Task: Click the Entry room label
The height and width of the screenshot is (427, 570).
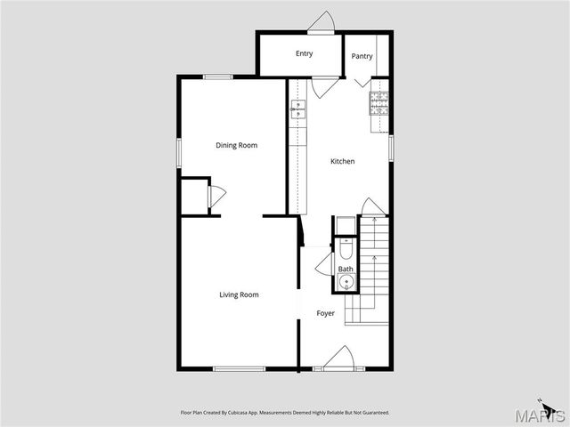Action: pos(305,53)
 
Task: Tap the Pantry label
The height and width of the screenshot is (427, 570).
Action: pos(362,57)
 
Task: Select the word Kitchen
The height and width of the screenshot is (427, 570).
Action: pos(343,161)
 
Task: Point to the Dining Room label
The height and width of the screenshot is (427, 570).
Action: pos(237,145)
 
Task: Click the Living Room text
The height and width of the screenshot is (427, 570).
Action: pos(239,294)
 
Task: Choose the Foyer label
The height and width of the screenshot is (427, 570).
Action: pos(326,313)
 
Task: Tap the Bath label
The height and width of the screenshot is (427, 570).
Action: pos(346,269)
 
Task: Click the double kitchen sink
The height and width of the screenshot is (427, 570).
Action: pos(297,109)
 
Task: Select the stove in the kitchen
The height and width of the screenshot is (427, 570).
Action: pos(379,103)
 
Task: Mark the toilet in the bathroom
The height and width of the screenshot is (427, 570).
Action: pos(346,248)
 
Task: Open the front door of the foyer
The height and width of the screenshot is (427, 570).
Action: pos(338,360)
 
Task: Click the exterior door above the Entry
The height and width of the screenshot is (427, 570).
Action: pos(321,22)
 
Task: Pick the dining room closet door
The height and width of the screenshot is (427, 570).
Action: pos(216,197)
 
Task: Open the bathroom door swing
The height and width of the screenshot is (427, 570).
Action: pos(324,264)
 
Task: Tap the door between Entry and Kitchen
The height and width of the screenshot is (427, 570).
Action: pos(324,87)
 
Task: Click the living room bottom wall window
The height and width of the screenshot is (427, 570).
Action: pos(239,369)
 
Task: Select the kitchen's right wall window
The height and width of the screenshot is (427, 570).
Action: pos(391,148)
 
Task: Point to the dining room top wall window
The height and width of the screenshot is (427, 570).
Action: pos(218,77)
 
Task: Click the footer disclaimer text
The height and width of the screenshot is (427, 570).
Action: pos(285,413)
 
